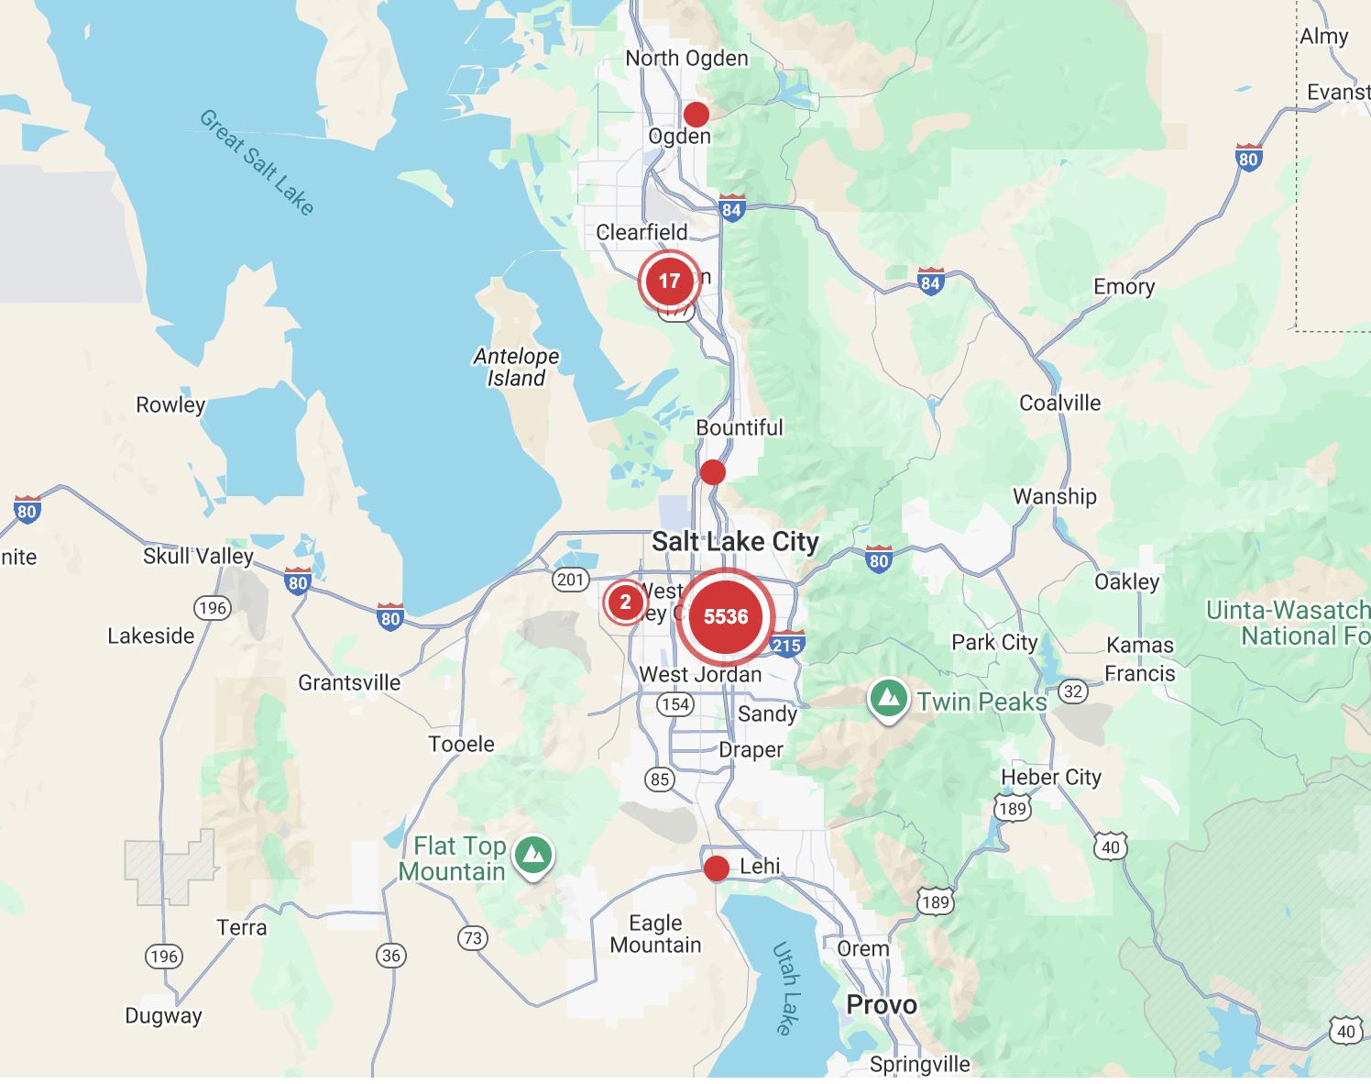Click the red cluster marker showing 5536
(725, 616)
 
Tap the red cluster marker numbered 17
(669, 281)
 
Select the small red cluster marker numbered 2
(626, 602)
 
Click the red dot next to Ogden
(696, 115)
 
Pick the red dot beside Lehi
(716, 868)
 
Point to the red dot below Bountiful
(712, 472)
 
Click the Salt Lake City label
(735, 541)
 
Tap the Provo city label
(881, 1004)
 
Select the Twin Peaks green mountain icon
(887, 699)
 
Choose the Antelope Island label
(516, 367)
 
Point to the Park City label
(993, 642)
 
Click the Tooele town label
(461, 744)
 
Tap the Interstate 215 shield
(786, 644)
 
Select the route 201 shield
(570, 579)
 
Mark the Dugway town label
(163, 1015)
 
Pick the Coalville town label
(1059, 403)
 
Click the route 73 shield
(472, 937)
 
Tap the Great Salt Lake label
(258, 162)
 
